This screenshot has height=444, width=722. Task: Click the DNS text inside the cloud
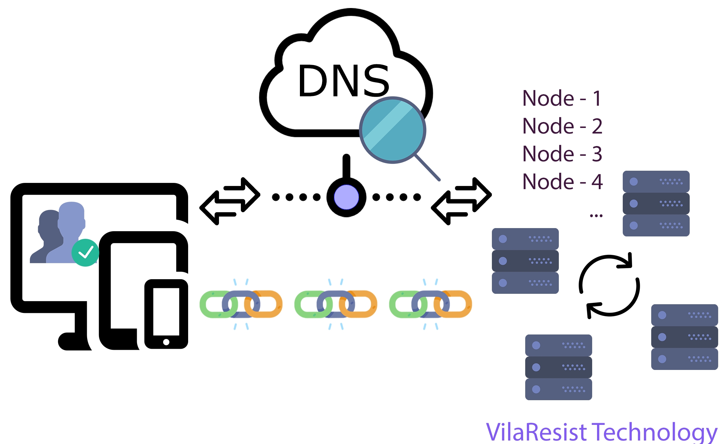point(344,81)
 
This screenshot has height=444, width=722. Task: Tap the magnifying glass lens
point(393,130)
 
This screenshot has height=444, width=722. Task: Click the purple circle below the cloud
point(346,197)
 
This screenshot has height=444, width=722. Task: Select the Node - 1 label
point(562,98)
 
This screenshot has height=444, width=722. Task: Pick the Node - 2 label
point(562,126)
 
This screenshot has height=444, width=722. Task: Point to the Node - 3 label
point(562,154)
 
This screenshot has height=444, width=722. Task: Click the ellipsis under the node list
point(596,216)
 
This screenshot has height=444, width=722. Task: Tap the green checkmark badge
point(85,252)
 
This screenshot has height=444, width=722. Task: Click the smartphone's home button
point(166,342)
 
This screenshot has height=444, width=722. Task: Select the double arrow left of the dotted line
point(229,201)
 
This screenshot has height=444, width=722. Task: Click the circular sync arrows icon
point(609,285)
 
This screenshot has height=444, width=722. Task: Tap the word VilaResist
point(536,432)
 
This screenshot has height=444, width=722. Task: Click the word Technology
point(654,432)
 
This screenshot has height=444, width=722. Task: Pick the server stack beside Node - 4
point(656,203)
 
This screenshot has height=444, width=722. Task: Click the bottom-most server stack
point(558,367)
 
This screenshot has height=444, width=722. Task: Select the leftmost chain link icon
point(241,304)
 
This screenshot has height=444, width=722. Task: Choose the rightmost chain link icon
point(430,304)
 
